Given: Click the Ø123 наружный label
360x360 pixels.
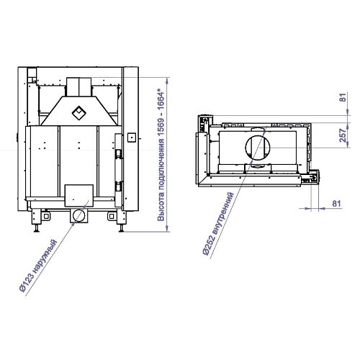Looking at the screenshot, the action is click(38, 266).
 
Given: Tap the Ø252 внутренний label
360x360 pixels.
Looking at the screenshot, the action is click(217, 224).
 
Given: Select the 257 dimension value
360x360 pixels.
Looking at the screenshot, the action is click(343, 135).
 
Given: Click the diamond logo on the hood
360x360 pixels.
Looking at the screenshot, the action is click(79, 113).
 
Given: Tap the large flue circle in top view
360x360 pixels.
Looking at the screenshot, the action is click(258, 147).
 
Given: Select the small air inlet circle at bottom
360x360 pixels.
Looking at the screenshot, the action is click(78, 216).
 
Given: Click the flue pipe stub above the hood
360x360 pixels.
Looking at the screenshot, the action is click(79, 86).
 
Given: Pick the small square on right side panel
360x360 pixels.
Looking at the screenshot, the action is click(132, 138).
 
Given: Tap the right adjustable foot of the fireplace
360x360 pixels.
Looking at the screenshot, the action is click(122, 221).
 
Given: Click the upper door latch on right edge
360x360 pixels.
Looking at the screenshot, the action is click(119, 154).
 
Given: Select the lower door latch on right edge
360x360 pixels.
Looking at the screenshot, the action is click(119, 186).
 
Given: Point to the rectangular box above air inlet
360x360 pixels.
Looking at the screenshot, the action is click(79, 196).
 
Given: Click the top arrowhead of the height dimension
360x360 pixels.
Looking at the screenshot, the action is click(168, 81).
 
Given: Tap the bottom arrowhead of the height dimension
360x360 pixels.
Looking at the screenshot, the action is click(168, 228).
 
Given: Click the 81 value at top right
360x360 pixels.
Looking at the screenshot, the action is click(343, 97).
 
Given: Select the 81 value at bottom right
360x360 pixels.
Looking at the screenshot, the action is click(336, 203).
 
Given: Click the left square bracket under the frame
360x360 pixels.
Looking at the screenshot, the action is click(46, 216).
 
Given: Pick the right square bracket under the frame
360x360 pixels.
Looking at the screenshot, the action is click(112, 216).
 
